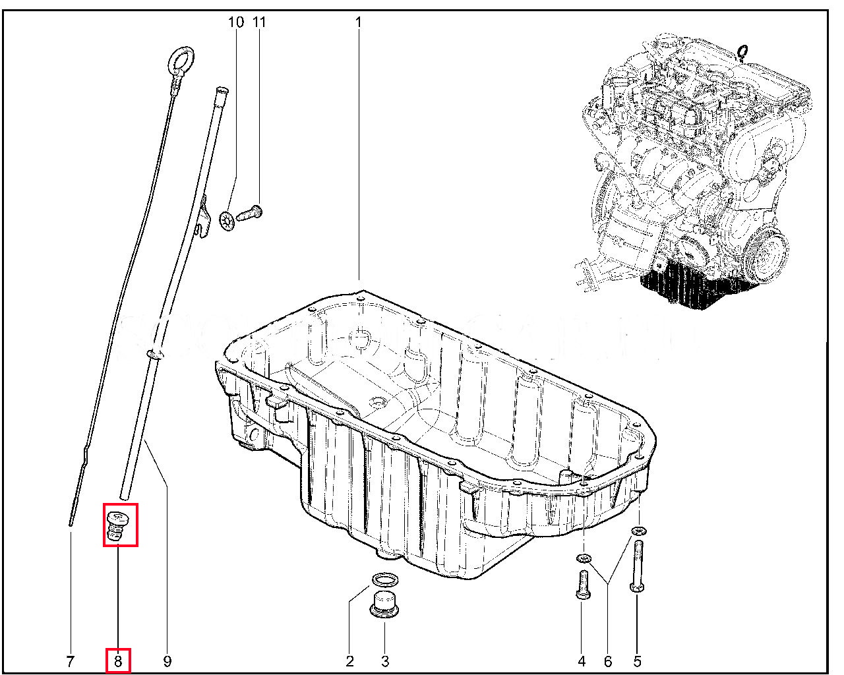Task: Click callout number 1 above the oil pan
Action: pyautogui.click(x=359, y=22)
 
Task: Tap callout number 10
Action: pyautogui.click(x=236, y=22)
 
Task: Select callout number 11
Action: pyautogui.click(x=259, y=22)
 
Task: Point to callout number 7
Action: pyautogui.click(x=70, y=662)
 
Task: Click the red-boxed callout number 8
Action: pyautogui.click(x=118, y=662)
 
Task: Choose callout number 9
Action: pyautogui.click(x=167, y=662)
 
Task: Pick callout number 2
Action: pyautogui.click(x=350, y=662)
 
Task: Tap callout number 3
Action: pyautogui.click(x=385, y=662)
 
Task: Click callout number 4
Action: pyautogui.click(x=582, y=662)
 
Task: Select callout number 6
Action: pyautogui.click(x=608, y=662)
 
